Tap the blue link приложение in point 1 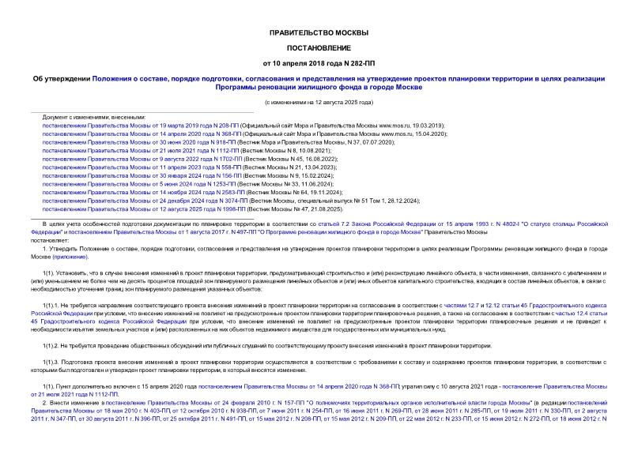[93, 257]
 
